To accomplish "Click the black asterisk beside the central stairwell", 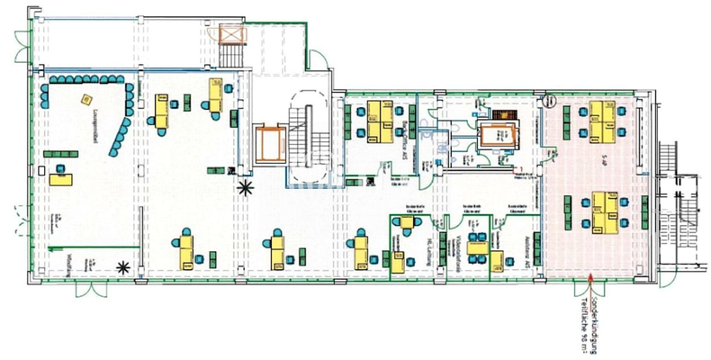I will coord(244,188).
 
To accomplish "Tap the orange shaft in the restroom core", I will coord(494,136).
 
